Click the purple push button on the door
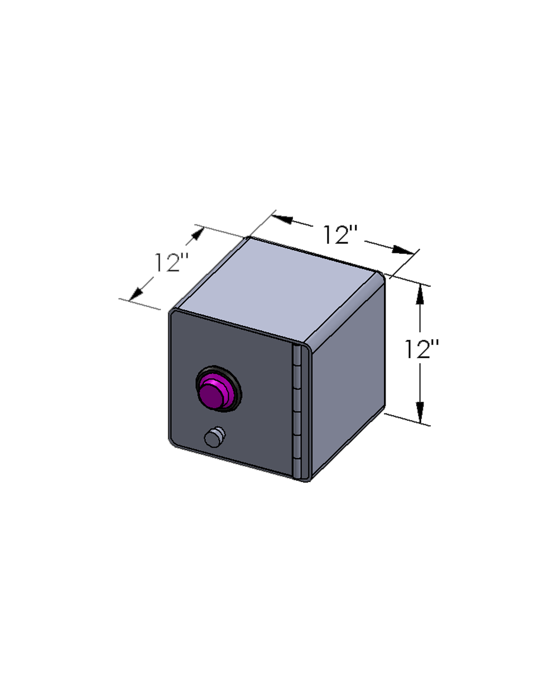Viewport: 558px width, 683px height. coord(212,394)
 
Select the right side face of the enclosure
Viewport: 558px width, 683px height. coord(349,379)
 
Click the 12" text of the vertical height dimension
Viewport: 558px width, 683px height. coord(421,350)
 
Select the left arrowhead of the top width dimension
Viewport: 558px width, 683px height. coord(282,219)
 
